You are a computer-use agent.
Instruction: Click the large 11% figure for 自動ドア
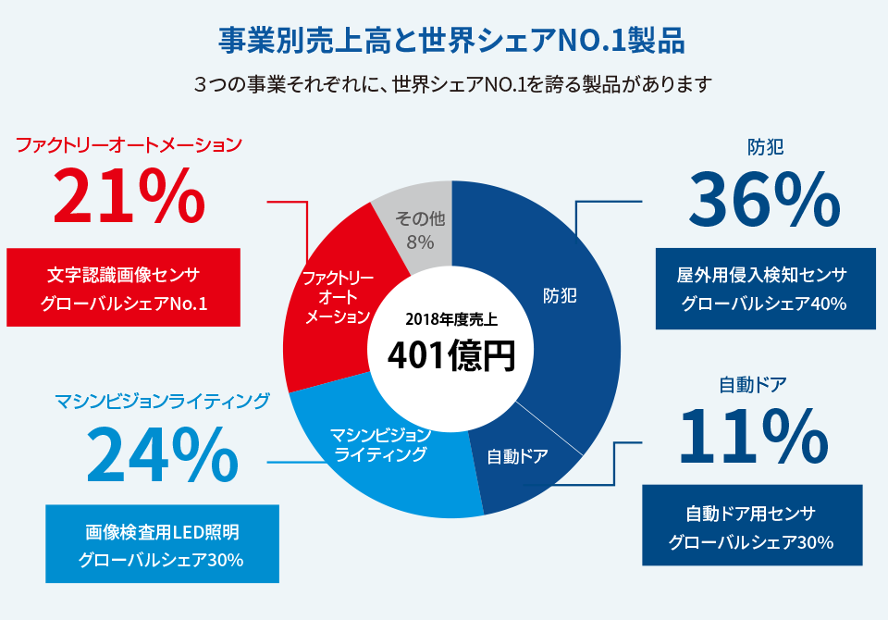(x=753, y=434)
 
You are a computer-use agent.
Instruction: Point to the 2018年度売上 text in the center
(x=451, y=320)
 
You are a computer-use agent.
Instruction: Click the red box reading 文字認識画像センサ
(x=123, y=287)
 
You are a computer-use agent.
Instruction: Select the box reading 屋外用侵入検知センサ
(x=763, y=289)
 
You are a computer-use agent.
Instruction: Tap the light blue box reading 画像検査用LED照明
(x=162, y=544)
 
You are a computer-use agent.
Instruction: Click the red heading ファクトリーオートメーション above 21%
(x=129, y=144)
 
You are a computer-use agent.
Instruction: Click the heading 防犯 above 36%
(x=766, y=146)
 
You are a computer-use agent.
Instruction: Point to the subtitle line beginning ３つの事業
(x=452, y=84)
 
